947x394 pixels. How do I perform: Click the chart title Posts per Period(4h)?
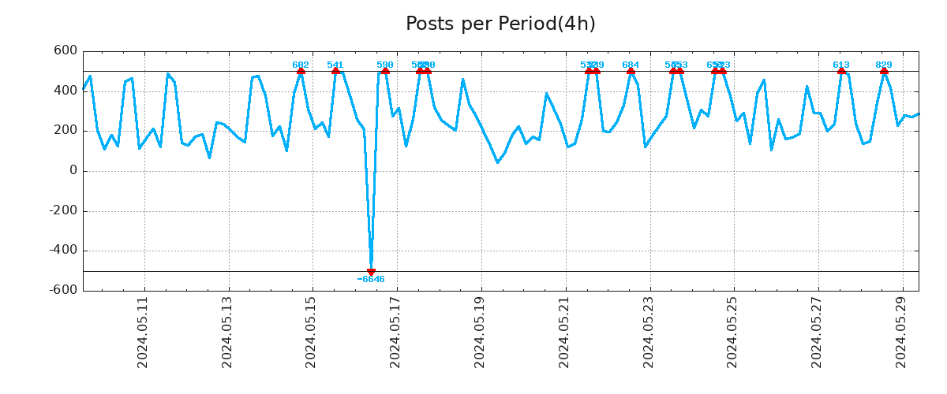[x=500, y=24]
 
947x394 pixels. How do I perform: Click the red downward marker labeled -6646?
[x=371, y=272]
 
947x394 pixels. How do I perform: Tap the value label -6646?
[x=371, y=280]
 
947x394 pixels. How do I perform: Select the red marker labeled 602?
[x=301, y=71]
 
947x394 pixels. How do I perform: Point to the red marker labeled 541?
[x=335, y=71]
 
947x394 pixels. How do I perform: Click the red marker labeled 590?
[x=385, y=71]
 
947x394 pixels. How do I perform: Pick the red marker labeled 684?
[x=631, y=71]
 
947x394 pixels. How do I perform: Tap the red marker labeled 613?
[x=841, y=71]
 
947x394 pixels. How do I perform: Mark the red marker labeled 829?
[x=884, y=71]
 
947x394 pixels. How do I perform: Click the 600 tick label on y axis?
[x=66, y=51]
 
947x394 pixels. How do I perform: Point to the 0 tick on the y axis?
[x=73, y=171]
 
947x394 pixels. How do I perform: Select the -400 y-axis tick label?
[x=63, y=251]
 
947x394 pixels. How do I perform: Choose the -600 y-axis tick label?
[x=63, y=291]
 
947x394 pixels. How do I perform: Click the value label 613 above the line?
[x=841, y=65]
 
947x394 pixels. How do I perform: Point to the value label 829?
[x=884, y=65]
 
